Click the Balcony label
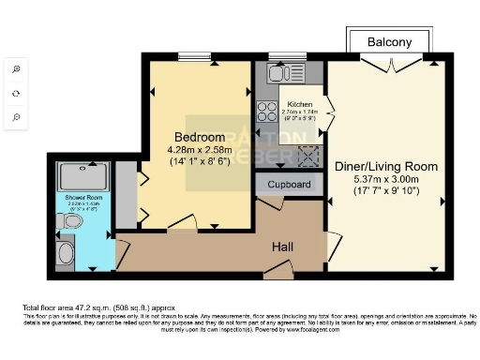click(389, 43)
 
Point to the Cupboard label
click(290, 185)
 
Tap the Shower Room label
click(78, 199)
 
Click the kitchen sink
click(279, 72)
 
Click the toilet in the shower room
click(67, 222)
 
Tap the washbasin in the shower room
click(65, 251)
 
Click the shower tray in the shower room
click(83, 176)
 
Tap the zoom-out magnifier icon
click(16, 117)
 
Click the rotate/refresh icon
click(16, 94)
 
